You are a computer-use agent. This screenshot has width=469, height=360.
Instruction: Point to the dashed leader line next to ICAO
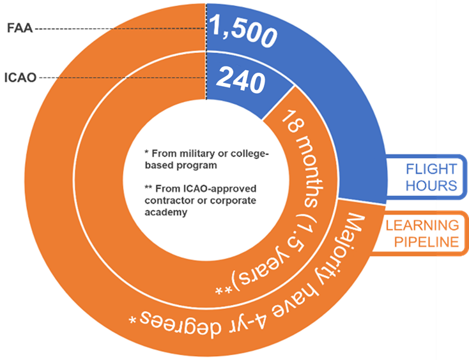[121, 77]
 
